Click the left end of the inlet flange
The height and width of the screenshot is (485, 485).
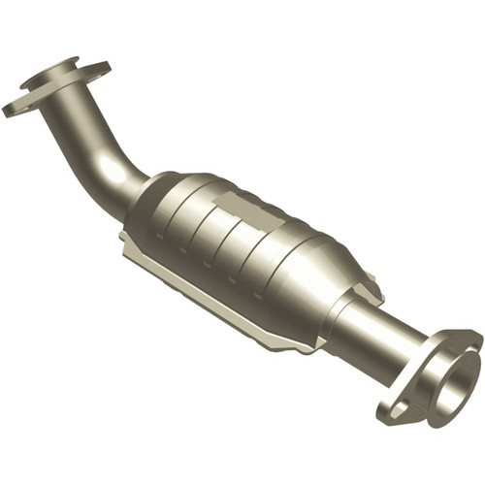click(x=12, y=108)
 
